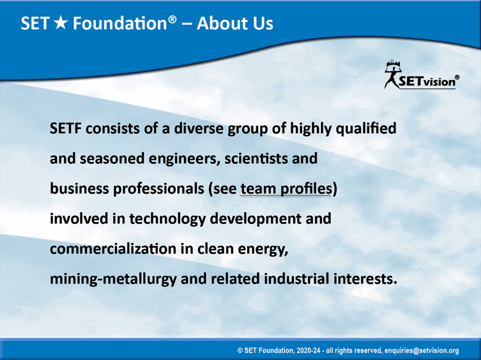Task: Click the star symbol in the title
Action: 61,23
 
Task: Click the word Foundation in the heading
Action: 120,23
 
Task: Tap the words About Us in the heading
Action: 235,23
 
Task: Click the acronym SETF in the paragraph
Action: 66,128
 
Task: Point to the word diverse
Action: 199,128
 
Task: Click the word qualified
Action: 366,129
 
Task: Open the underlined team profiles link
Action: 286,189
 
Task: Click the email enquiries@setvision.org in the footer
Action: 422,350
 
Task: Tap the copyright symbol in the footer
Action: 240,350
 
